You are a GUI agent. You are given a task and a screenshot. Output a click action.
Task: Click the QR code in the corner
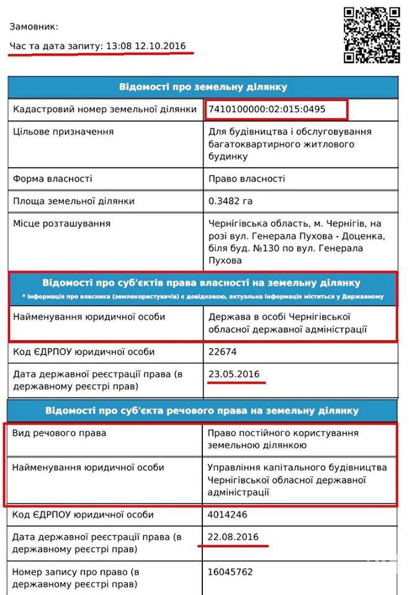[x=372, y=35]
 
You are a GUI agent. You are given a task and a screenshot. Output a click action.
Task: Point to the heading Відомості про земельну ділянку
[x=203, y=87]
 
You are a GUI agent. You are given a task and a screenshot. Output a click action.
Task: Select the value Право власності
[x=246, y=178]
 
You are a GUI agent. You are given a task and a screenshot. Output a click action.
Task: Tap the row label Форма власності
[x=52, y=178]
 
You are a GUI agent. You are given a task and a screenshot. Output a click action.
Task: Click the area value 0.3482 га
[x=230, y=201]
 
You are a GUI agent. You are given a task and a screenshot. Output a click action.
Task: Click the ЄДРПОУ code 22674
[x=221, y=352]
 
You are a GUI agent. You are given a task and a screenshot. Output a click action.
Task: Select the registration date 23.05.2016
[x=233, y=374]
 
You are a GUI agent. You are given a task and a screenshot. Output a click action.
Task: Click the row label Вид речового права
[x=59, y=433]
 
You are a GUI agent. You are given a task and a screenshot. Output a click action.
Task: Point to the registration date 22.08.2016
[x=233, y=536]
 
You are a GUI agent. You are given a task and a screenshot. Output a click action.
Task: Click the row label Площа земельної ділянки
[x=73, y=201]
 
